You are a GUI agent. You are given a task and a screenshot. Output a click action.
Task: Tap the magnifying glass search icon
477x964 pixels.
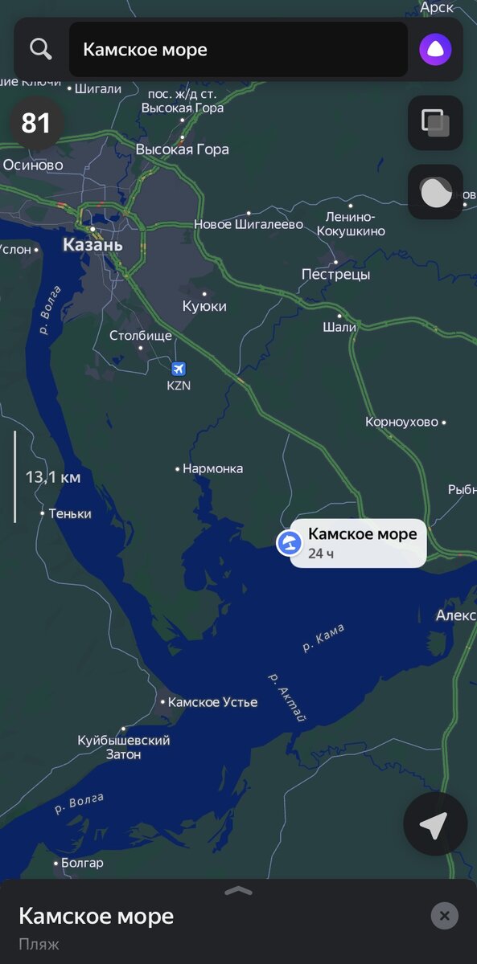40,49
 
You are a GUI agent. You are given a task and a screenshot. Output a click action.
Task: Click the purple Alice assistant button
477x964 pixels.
435,50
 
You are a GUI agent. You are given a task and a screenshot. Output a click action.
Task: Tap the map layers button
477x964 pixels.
435,123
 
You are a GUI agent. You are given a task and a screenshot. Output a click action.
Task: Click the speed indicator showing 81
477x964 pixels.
35,123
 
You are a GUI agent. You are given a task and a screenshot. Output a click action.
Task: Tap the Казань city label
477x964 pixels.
93,244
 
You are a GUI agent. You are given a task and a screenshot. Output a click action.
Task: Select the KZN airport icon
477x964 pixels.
179,368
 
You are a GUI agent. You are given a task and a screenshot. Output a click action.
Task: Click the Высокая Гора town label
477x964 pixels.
182,149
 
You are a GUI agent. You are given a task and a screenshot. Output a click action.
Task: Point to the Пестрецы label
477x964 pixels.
335,275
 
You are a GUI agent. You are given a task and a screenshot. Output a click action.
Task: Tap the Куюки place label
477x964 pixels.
204,306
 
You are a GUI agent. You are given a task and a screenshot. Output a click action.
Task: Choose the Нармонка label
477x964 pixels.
212,468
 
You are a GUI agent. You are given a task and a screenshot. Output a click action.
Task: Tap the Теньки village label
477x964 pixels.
70,513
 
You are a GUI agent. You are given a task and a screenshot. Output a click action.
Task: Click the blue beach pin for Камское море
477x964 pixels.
288,543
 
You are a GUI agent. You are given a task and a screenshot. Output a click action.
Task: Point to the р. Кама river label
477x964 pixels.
323,639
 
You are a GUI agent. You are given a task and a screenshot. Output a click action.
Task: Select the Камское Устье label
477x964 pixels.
212,702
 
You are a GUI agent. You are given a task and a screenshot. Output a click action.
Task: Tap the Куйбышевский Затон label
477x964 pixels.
124,747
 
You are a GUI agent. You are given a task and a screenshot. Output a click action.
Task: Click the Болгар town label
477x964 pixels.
82,864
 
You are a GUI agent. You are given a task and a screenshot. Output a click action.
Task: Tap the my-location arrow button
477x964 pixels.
434,825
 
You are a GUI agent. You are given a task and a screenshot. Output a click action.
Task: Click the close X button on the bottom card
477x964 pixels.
444,916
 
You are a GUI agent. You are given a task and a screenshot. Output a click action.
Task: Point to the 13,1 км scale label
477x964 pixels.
53,478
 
